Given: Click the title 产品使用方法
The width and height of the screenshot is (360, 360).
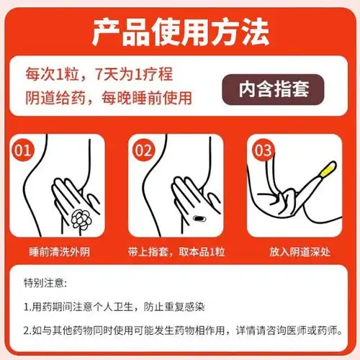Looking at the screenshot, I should click(180, 30).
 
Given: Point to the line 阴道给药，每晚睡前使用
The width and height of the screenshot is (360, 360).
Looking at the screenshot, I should click(110, 98).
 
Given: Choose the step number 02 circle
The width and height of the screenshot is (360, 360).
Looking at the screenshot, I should click(143, 152).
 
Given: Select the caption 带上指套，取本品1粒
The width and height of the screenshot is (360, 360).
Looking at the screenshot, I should click(179, 253).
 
